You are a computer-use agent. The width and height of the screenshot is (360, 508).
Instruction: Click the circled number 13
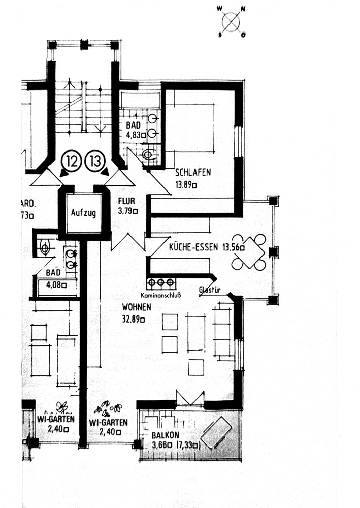(95, 162)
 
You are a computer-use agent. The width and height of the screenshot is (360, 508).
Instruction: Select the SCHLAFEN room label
(193, 173)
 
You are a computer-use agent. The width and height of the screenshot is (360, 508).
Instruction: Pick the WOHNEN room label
(137, 308)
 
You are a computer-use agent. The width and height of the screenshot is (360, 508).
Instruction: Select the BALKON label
(164, 435)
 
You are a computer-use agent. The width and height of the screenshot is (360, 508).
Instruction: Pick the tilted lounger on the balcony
(216, 432)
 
